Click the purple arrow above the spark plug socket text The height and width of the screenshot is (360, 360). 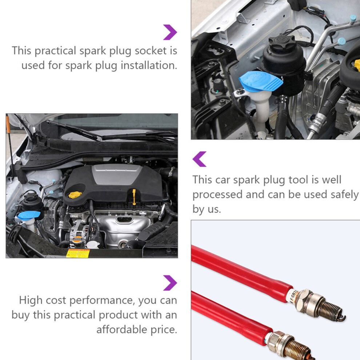170,32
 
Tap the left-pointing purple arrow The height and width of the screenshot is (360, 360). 199,159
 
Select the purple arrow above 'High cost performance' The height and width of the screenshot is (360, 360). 170,283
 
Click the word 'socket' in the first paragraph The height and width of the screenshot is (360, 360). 151,51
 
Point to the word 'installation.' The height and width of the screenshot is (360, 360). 149,65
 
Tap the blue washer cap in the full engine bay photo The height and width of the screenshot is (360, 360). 29,215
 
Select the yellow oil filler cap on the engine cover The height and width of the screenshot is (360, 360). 75,195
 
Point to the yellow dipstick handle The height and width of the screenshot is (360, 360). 134,197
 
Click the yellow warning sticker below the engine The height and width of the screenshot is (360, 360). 78,253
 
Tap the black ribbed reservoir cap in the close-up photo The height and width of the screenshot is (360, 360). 282,42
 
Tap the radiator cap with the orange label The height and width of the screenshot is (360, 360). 77,239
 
